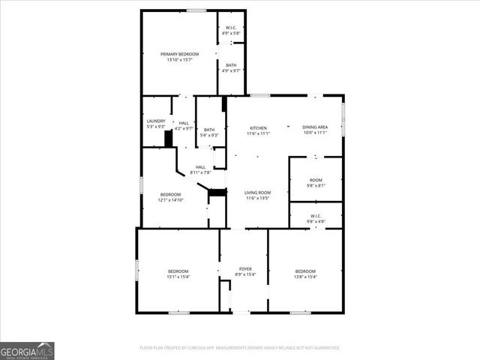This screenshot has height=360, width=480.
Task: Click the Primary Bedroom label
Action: click(x=180, y=54)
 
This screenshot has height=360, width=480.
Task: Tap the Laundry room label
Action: click(x=156, y=121)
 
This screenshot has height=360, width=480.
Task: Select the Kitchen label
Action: click(x=258, y=128)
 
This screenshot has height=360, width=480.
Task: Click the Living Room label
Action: click(x=257, y=193)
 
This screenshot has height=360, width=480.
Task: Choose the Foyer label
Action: click(x=245, y=269)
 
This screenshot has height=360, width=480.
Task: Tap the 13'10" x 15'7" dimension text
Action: click(x=180, y=60)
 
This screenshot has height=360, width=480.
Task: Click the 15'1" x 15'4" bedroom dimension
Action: click(x=178, y=277)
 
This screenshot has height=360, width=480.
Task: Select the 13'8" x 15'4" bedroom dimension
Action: click(x=305, y=277)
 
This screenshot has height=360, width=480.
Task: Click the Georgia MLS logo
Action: click(x=27, y=350)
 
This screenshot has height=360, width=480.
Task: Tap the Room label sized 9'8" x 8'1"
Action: click(x=316, y=180)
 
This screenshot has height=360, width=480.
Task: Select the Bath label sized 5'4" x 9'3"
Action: click(x=209, y=130)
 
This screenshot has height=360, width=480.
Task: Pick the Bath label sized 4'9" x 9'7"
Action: click(x=231, y=65)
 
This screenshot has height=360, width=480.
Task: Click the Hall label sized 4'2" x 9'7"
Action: click(x=184, y=122)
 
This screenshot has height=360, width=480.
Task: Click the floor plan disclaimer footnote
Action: click(x=240, y=348)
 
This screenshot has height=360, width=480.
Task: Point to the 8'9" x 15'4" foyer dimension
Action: click(x=245, y=274)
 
